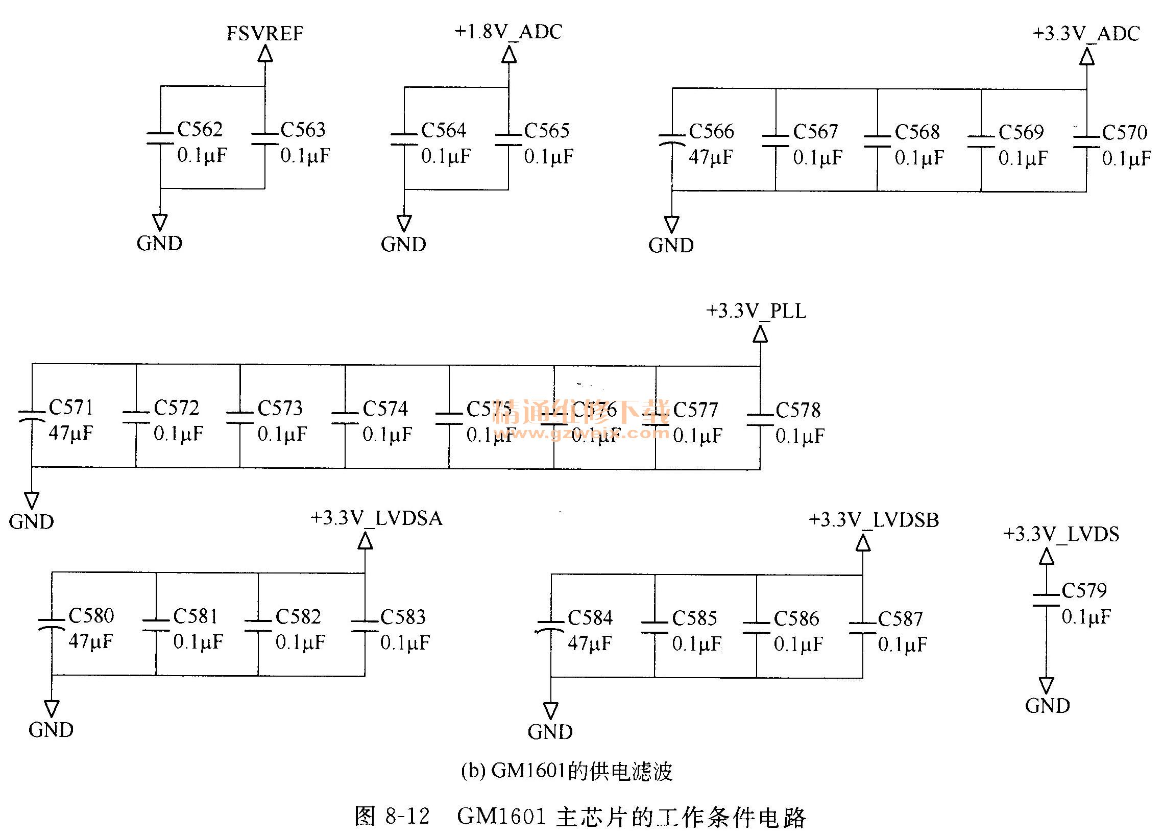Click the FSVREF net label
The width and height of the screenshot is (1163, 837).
coord(264,34)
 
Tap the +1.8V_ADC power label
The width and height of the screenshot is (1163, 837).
coord(508,32)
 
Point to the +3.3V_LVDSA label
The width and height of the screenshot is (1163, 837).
coord(376,518)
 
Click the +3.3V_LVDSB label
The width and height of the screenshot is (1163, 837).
coord(874,520)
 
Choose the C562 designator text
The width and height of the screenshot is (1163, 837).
coord(200,129)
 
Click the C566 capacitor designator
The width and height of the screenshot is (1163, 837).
coord(711,131)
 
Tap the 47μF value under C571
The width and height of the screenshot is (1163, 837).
coord(71,434)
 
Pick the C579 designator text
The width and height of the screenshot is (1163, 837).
coord(1084,590)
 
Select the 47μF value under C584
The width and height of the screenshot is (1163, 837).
coord(590,643)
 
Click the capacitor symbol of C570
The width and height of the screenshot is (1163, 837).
coord(1086,142)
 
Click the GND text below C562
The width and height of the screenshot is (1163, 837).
coord(159,243)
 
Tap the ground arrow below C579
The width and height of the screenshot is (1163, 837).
coord(1047,685)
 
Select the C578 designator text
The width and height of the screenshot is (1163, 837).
coord(798,410)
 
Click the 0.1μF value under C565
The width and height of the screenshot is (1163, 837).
coord(549,157)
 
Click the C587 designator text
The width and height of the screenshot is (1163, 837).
coord(901,618)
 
